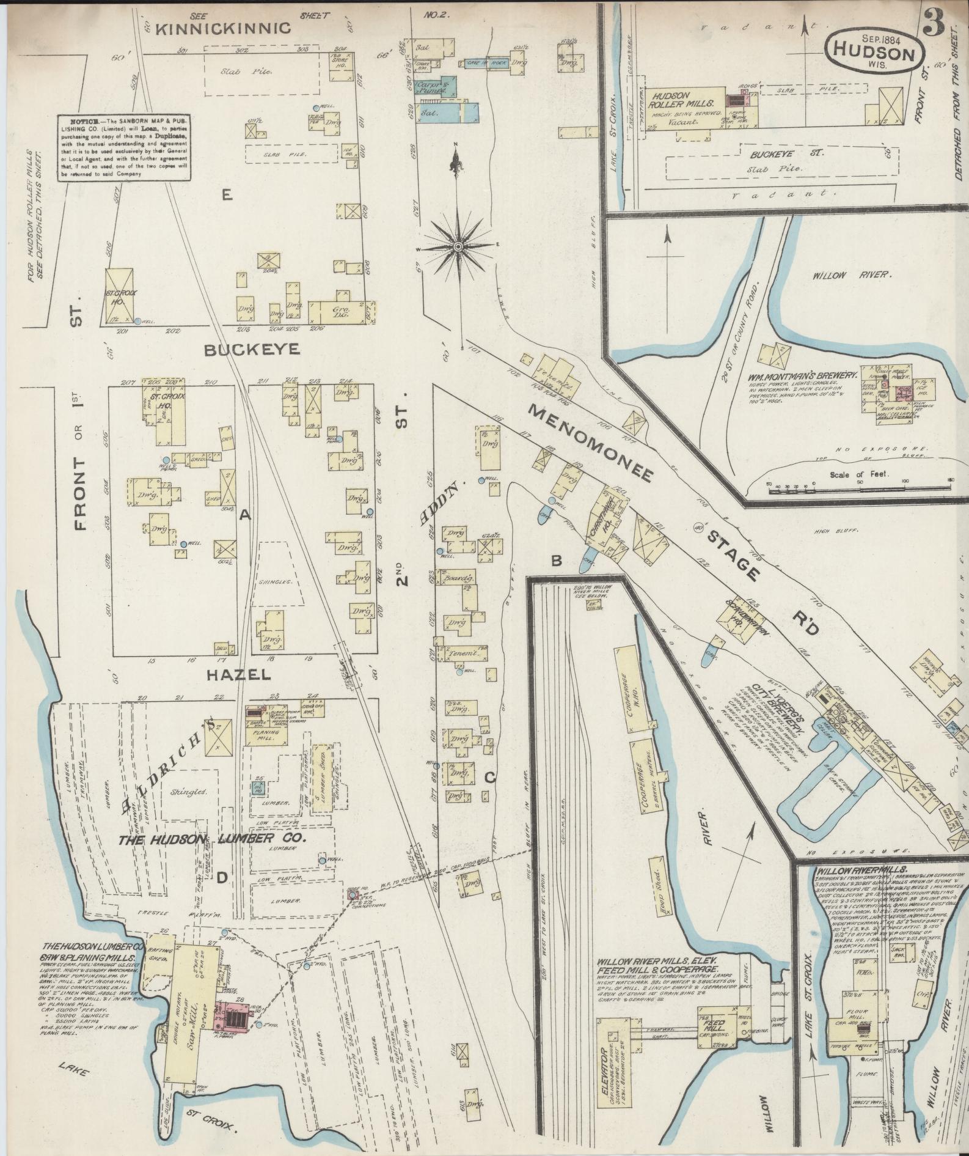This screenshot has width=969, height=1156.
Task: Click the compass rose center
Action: tap(458, 246)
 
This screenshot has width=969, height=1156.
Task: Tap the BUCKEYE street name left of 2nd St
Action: tap(252, 350)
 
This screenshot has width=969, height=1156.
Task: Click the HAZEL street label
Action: tap(238, 674)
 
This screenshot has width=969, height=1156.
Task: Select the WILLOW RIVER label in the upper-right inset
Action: tap(849, 275)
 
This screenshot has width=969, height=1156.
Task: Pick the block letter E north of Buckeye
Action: tap(227, 196)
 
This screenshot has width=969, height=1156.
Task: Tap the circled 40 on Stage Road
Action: tap(698, 526)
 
